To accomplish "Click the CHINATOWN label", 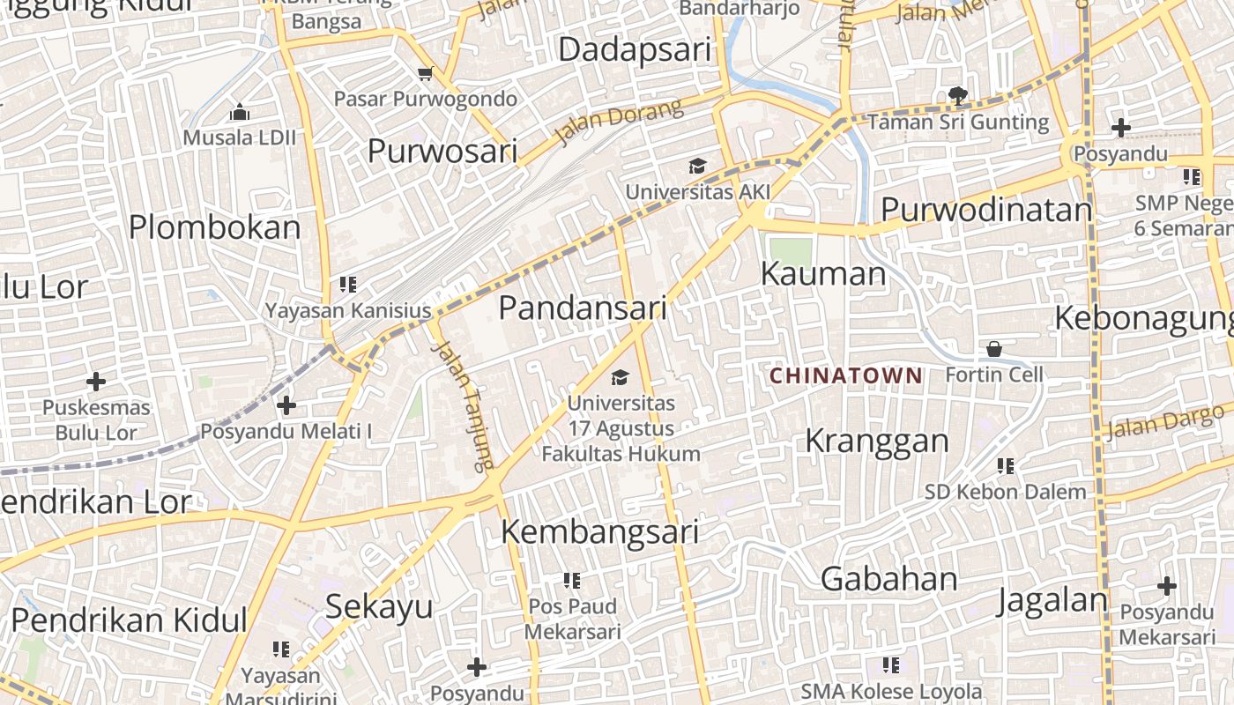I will pyautogui.click(x=845, y=376).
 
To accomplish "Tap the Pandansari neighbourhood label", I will pyautogui.click(x=583, y=308).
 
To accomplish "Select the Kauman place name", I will pyautogui.click(x=823, y=274).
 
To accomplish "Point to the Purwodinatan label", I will pyautogui.click(x=986, y=210).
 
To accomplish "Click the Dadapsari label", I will pyautogui.click(x=635, y=49).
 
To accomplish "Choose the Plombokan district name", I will pyautogui.click(x=215, y=227).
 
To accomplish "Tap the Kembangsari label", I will pyautogui.click(x=600, y=532).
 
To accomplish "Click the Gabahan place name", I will pyautogui.click(x=889, y=579).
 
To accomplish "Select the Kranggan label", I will pyautogui.click(x=877, y=441).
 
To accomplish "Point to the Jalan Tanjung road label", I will pyautogui.click(x=463, y=404).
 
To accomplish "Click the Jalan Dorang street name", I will pyautogui.click(x=620, y=122).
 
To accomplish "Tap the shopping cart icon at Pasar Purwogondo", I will pyautogui.click(x=426, y=74).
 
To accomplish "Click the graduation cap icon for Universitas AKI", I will pyautogui.click(x=697, y=167).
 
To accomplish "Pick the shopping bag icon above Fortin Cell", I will pyautogui.click(x=994, y=349).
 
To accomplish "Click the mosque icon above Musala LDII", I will pyautogui.click(x=239, y=112).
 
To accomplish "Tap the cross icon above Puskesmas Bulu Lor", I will pyautogui.click(x=96, y=382).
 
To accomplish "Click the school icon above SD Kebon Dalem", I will pyautogui.click(x=1005, y=465).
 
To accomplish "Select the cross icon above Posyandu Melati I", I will pyautogui.click(x=286, y=405).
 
